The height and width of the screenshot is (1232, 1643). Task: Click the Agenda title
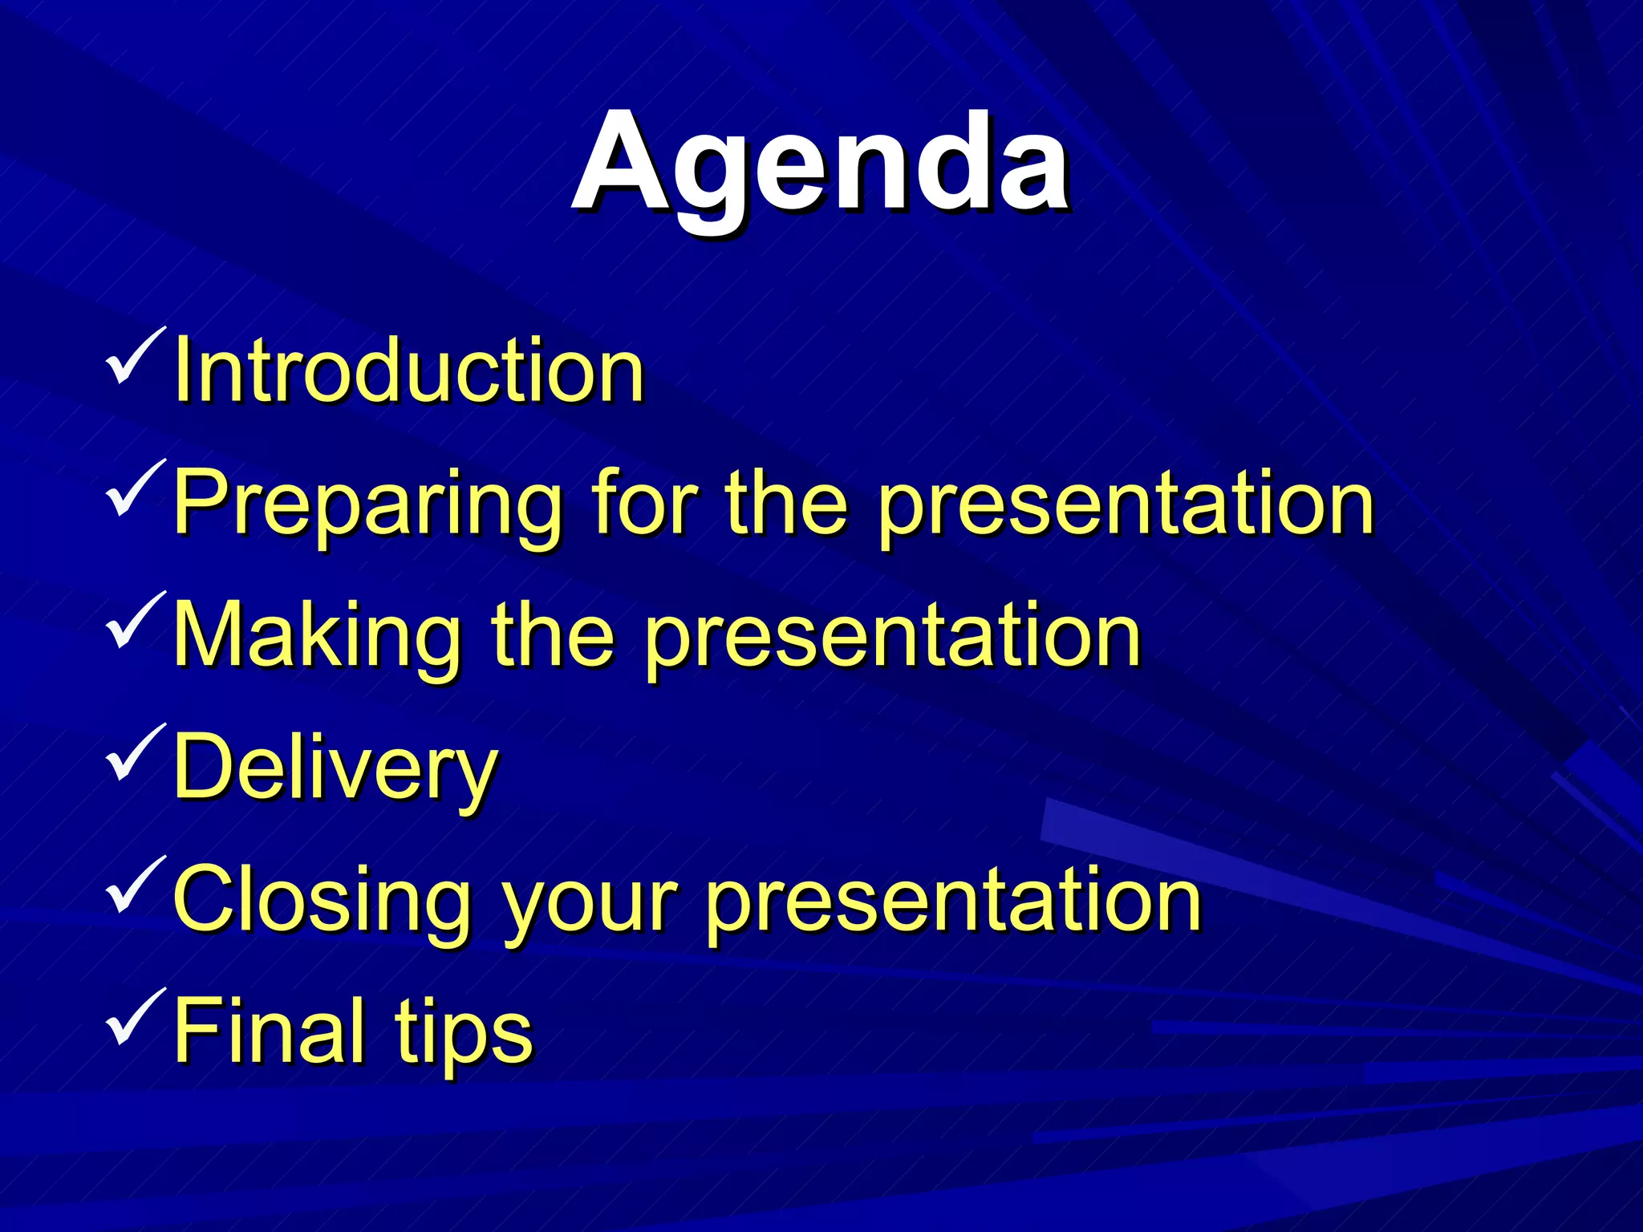tap(820, 164)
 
